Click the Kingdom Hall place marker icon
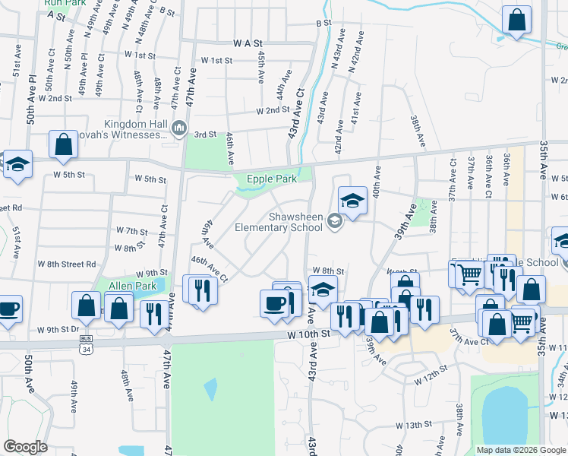click(179, 127)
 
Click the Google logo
click(26, 446)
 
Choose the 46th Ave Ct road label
click(210, 269)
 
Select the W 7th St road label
click(131, 230)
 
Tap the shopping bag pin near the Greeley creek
click(516, 22)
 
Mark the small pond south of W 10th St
click(210, 388)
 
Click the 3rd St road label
click(206, 134)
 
